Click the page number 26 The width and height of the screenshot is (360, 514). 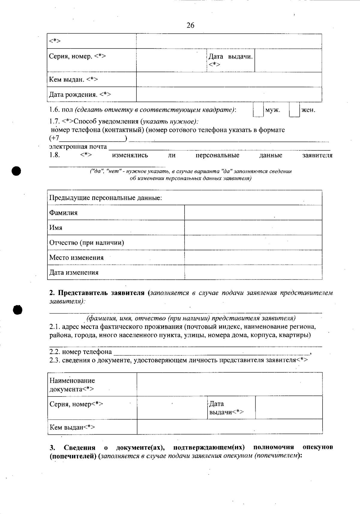190,25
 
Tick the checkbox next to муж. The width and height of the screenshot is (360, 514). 258,110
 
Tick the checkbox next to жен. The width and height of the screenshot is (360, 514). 294,110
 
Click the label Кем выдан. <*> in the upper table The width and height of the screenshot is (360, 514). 73,80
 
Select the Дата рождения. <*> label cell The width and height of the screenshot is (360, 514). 80,95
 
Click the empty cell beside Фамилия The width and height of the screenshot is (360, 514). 253,213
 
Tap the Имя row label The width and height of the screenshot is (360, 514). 56,228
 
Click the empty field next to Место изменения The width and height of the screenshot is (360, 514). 253,257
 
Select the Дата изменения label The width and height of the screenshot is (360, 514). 74,273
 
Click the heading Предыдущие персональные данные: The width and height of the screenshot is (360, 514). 106,198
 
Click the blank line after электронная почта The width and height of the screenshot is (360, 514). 219,147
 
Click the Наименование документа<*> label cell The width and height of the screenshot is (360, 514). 72,385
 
